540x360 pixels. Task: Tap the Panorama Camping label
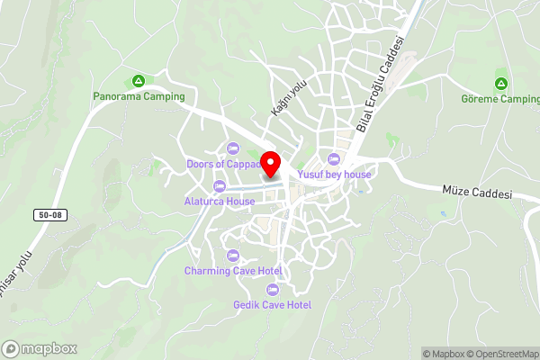139,96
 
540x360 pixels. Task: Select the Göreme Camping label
499,99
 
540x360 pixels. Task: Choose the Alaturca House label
220,202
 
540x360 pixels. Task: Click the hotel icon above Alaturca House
220,186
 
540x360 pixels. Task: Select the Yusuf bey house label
334,175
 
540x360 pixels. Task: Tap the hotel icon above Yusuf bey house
334,159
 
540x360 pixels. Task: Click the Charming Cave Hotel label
233,271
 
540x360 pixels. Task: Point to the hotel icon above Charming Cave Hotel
233,256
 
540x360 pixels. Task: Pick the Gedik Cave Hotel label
272,305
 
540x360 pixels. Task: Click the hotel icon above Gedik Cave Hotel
272,290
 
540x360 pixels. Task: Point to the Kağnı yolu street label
284,96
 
